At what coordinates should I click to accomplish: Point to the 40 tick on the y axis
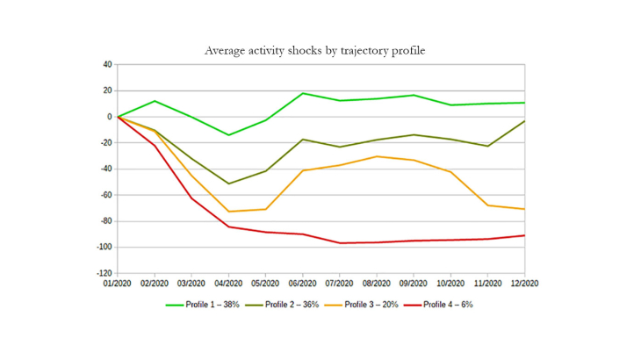coord(106,64)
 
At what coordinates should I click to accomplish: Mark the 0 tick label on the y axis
coord(109,117)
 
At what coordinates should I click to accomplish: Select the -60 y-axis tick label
coord(104,195)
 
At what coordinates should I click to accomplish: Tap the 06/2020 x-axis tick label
coord(302,284)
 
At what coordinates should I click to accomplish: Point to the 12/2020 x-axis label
coord(524,284)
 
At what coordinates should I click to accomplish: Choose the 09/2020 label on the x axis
coord(414,284)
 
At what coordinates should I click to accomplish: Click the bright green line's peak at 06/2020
coord(302,93)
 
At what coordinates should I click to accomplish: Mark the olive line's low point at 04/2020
coord(228,184)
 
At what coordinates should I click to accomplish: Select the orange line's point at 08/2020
coord(377,156)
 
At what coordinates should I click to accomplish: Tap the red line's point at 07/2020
coord(340,243)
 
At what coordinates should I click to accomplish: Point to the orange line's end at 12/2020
coord(524,209)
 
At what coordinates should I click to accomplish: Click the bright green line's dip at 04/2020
coord(228,135)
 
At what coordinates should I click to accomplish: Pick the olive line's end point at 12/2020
coord(524,121)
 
